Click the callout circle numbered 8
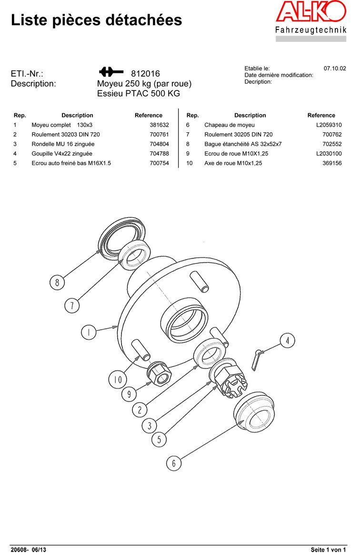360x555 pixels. click(x=57, y=283)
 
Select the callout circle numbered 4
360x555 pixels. click(x=287, y=340)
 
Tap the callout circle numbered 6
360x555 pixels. click(x=174, y=463)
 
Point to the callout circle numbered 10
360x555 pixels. click(x=117, y=379)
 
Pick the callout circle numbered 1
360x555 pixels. click(x=88, y=332)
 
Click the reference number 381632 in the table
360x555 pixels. click(x=159, y=125)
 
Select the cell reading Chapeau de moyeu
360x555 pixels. click(x=230, y=125)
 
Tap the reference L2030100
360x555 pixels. click(x=329, y=153)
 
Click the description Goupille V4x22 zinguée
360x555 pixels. click(x=62, y=153)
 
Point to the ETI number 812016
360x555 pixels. click(x=145, y=74)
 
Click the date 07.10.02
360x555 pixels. click(x=335, y=69)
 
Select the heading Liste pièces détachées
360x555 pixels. click(x=96, y=20)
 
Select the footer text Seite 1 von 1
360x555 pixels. click(x=328, y=550)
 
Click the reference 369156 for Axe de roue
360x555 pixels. click(x=332, y=163)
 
